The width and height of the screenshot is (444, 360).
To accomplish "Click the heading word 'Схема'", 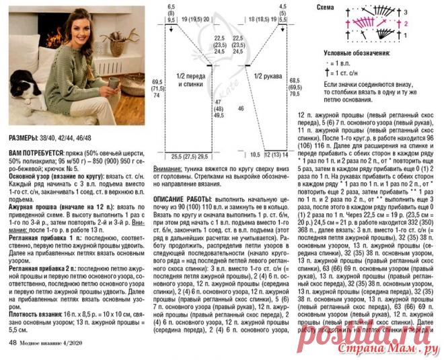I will (x=326, y=7).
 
